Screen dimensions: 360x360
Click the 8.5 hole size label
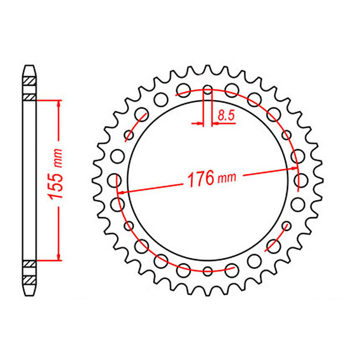(226, 116)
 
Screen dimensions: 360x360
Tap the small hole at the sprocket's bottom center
(208, 271)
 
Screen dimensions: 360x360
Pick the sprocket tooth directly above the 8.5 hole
(208, 69)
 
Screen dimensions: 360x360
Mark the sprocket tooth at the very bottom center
(208, 292)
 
